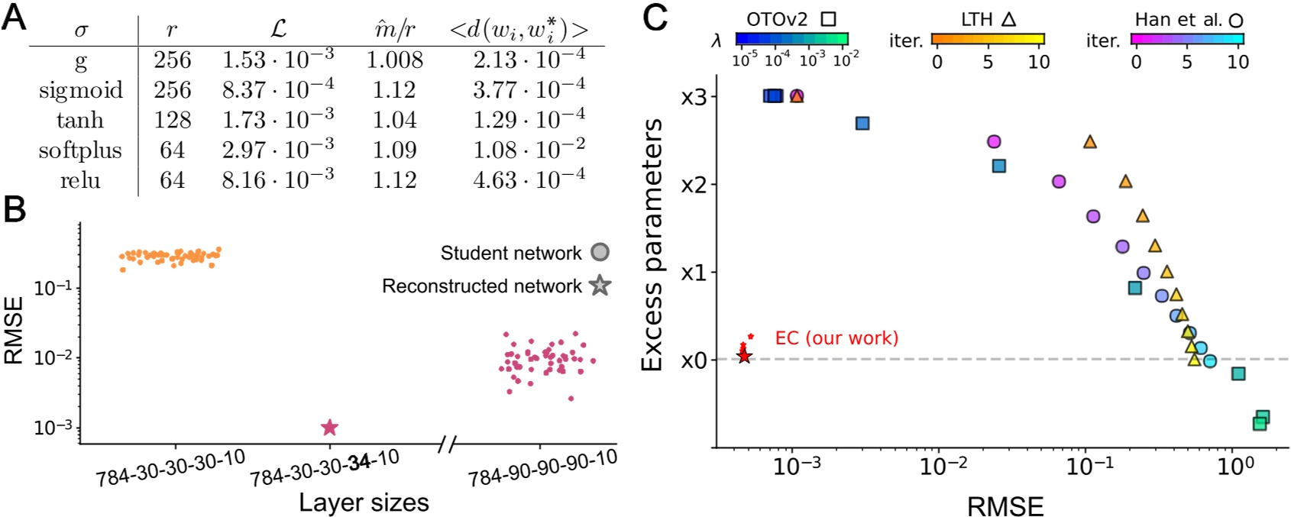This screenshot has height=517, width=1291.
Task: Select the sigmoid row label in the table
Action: click(x=81, y=90)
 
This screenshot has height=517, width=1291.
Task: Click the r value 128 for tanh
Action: click(x=172, y=120)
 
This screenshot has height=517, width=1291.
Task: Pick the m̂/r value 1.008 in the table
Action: click(x=394, y=60)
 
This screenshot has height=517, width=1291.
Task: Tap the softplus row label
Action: click(x=80, y=150)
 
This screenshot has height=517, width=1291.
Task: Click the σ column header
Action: click(x=81, y=31)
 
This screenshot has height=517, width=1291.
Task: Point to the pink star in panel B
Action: click(x=329, y=428)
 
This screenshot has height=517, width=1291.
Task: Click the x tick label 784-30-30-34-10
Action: click(x=324, y=468)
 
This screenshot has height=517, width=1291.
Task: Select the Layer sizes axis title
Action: click(x=364, y=502)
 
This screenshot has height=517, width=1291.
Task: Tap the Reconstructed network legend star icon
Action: click(x=600, y=286)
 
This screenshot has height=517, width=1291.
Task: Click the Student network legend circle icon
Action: click(x=600, y=253)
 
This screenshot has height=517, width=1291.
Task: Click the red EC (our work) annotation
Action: click(x=836, y=338)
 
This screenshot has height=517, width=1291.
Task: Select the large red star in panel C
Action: click(x=744, y=357)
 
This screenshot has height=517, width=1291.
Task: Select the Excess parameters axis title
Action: click(x=652, y=244)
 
